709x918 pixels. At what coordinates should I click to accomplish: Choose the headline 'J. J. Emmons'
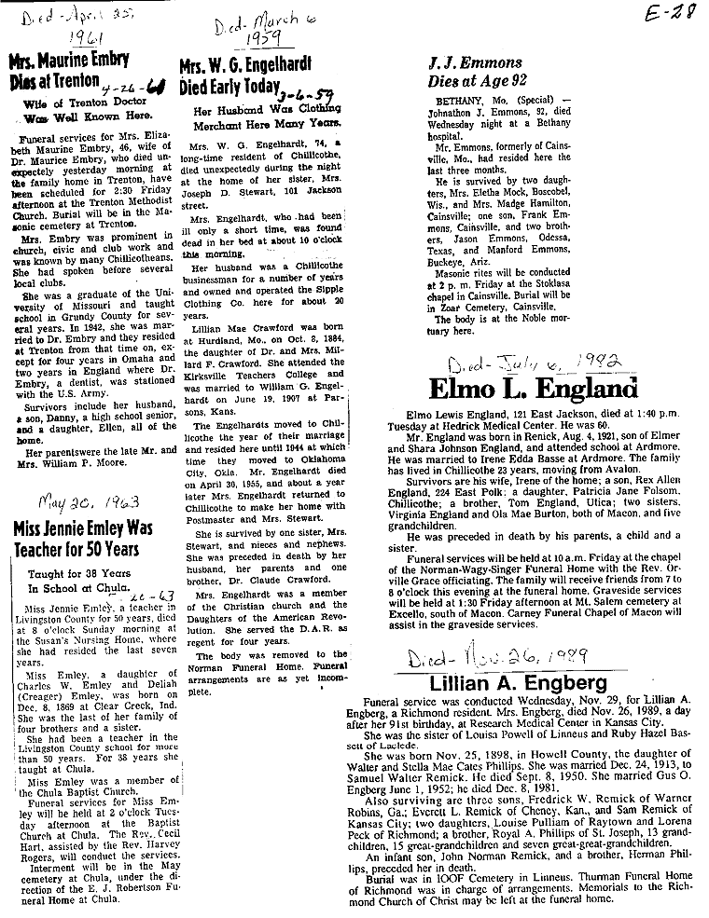coord(479,63)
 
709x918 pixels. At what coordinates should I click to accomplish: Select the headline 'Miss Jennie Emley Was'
coord(82,528)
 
